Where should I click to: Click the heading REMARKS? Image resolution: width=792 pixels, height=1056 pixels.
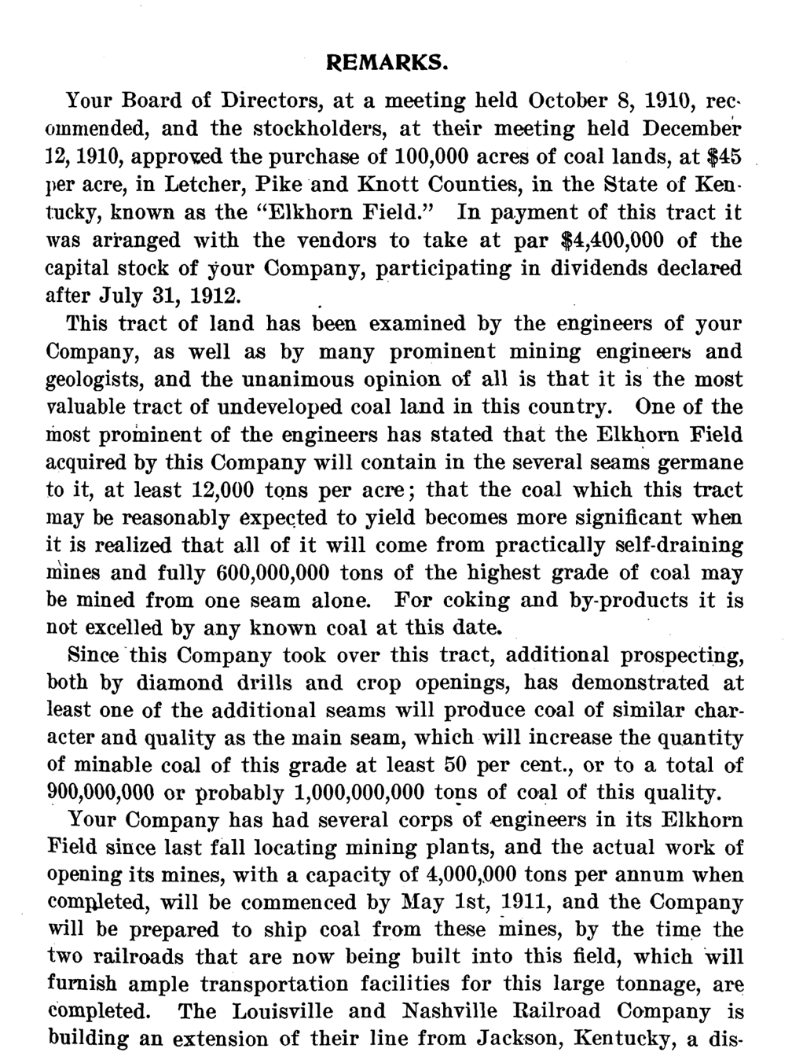387,62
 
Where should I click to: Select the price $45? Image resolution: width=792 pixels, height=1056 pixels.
724,156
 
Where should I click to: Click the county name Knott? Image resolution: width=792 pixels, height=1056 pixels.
387,185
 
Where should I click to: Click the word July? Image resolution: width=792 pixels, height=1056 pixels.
119,296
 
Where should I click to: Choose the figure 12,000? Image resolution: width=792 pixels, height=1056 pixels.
222,490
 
